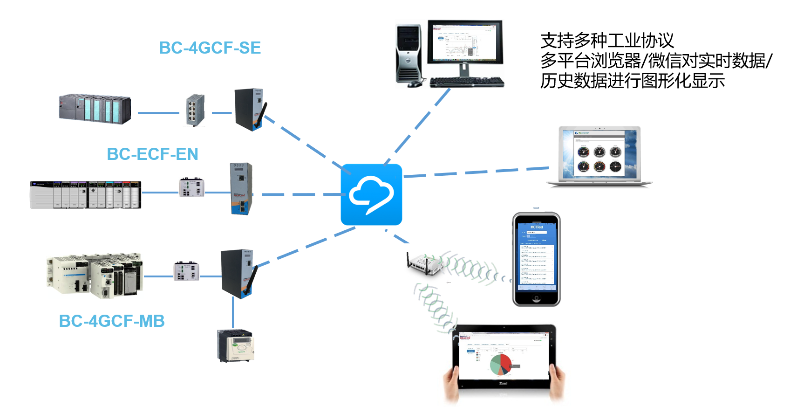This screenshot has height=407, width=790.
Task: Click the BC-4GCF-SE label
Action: (210, 48)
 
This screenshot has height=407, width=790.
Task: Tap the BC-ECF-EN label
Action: (152, 154)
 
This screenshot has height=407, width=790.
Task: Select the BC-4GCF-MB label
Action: (112, 321)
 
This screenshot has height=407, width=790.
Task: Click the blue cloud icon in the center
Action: (371, 194)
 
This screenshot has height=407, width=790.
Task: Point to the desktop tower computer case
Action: (409, 54)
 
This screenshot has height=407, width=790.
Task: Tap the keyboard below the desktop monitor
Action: (466, 83)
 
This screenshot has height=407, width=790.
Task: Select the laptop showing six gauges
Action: (599, 156)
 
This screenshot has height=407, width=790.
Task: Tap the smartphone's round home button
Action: (536, 299)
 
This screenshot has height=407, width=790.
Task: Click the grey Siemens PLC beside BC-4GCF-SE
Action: (95, 109)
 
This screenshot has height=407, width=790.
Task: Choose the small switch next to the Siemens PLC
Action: (195, 110)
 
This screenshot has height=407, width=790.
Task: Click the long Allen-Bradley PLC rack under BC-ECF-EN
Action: (85, 194)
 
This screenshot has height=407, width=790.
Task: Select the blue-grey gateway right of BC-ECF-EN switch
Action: (241, 188)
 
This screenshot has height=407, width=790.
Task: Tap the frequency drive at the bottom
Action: (236, 345)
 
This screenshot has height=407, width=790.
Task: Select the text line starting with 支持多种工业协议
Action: (607, 41)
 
